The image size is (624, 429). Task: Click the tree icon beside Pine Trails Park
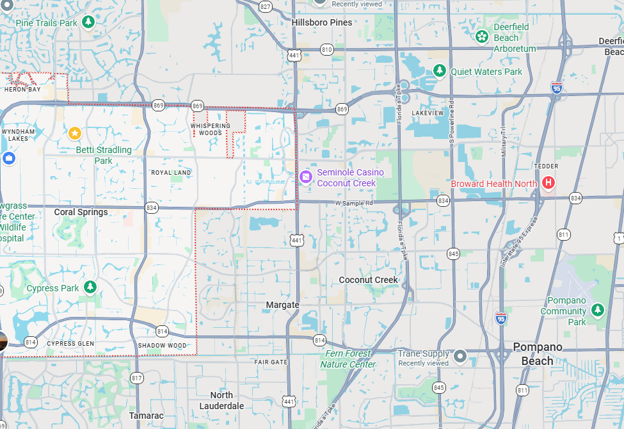[x=88, y=23]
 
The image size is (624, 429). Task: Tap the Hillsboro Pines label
[x=322, y=22]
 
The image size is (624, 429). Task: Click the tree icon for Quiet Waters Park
[x=439, y=71]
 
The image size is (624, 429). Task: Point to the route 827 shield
[x=266, y=6]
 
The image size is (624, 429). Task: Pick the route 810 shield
[x=327, y=49]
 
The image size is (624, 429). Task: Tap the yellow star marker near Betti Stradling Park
[x=75, y=133]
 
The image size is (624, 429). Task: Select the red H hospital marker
[x=548, y=183]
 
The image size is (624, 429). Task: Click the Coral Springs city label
[x=81, y=212]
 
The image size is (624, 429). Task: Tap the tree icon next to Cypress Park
[x=90, y=287]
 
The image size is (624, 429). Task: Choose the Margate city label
[x=283, y=305]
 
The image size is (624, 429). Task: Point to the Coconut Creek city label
[x=368, y=280]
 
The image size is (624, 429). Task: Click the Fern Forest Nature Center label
[x=348, y=359]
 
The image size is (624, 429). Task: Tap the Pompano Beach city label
[x=537, y=353]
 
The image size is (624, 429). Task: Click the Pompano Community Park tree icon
[x=597, y=310]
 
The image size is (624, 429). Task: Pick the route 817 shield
[x=136, y=378]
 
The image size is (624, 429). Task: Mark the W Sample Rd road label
[x=354, y=203]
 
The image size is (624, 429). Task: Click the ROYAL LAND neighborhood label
[x=171, y=173]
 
